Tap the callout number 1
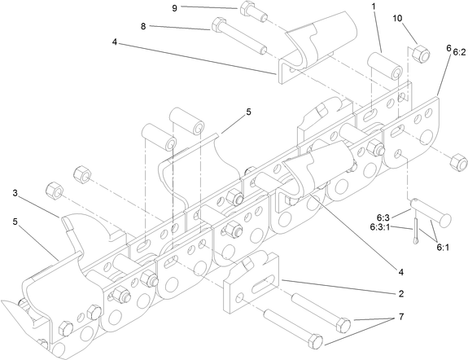[374, 6]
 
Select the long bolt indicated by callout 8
[236, 34]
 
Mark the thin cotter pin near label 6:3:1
[418, 230]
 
